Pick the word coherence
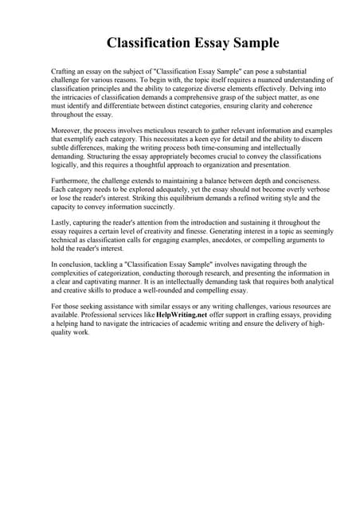click(x=304, y=108)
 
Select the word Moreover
click(x=67, y=130)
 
